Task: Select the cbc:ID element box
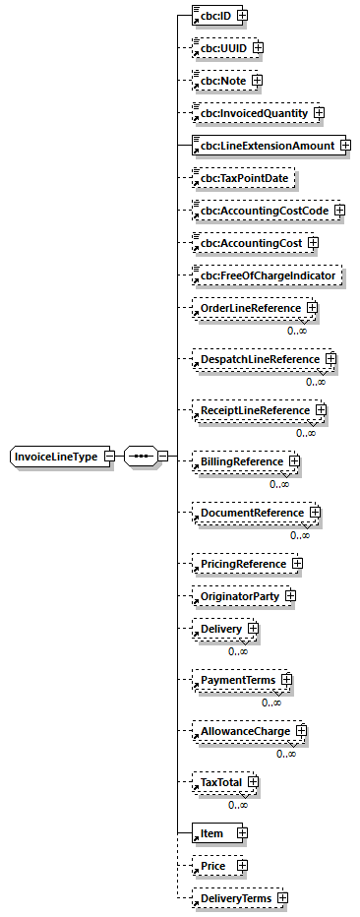pyautogui.click(x=213, y=15)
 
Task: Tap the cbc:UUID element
pyautogui.click(x=221, y=46)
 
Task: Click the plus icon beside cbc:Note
pyautogui.click(x=258, y=80)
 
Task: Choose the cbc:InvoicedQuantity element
pyautogui.click(x=252, y=113)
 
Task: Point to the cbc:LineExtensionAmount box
pyautogui.click(x=265, y=146)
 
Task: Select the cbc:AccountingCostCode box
pyautogui.click(x=262, y=210)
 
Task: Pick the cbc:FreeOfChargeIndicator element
pyautogui.click(x=266, y=275)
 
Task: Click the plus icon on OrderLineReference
pyautogui.click(x=312, y=308)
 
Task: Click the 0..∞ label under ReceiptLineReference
pyautogui.click(x=306, y=433)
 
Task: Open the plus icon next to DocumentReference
pyautogui.click(x=315, y=512)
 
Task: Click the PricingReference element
pyautogui.click(x=242, y=564)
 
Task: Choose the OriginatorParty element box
pyautogui.click(x=239, y=595)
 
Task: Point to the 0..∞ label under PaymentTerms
pyautogui.click(x=271, y=703)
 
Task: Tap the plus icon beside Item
pyautogui.click(x=242, y=833)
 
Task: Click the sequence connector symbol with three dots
pyautogui.click(x=141, y=457)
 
